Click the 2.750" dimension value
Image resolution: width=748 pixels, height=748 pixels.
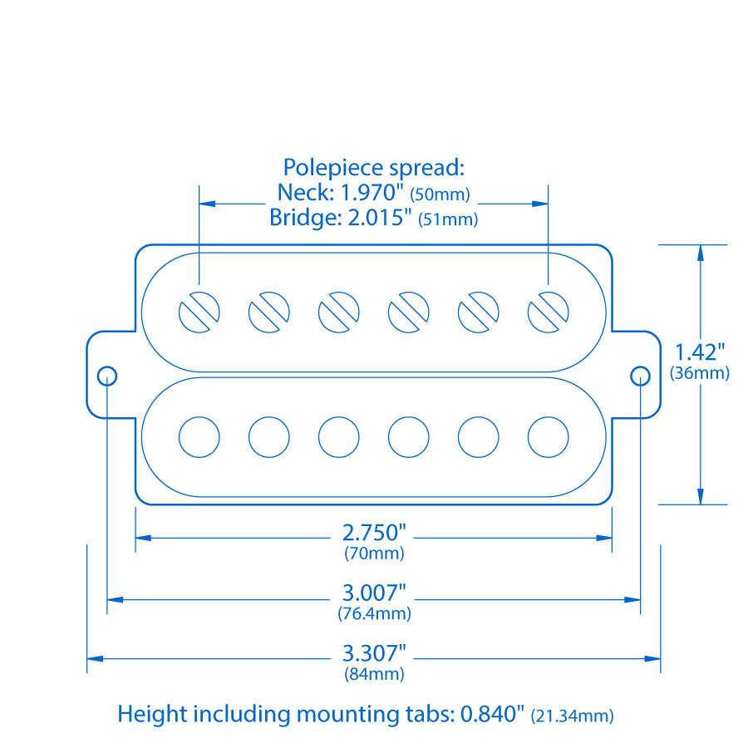click(374, 533)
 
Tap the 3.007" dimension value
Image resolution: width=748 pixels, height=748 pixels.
click(374, 593)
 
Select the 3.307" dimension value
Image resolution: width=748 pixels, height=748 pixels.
click(374, 653)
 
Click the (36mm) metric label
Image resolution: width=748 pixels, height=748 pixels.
click(700, 373)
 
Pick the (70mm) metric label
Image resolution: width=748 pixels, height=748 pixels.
click(374, 553)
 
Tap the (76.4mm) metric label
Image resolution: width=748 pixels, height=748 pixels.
click(374, 614)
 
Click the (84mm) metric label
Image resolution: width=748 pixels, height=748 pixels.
click(374, 674)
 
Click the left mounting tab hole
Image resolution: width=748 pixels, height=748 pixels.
click(107, 375)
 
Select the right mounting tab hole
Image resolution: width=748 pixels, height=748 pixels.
click(640, 375)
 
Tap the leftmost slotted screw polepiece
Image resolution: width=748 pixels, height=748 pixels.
click(199, 312)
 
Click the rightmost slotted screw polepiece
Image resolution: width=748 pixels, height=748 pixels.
click(549, 312)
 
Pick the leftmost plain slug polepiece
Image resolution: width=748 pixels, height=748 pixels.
click(199, 437)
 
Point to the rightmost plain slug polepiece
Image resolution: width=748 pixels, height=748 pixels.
click(549, 437)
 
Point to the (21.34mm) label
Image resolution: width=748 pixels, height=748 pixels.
click(573, 715)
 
